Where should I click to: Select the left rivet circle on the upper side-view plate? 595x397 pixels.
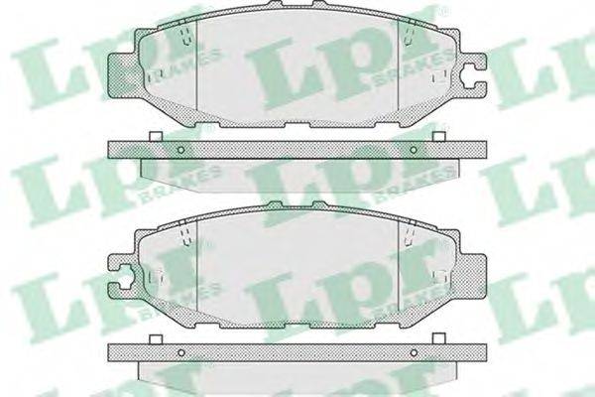point(181,150)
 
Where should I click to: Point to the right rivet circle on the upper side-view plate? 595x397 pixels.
point(414,150)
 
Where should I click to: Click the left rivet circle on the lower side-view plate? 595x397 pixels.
point(181,353)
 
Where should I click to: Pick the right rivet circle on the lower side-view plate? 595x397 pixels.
point(414,353)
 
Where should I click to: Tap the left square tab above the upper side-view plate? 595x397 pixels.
point(156,136)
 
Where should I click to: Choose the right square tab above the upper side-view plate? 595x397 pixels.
point(439,136)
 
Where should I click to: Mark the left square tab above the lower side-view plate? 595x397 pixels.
point(156,339)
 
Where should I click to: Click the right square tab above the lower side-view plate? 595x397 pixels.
point(439,339)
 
